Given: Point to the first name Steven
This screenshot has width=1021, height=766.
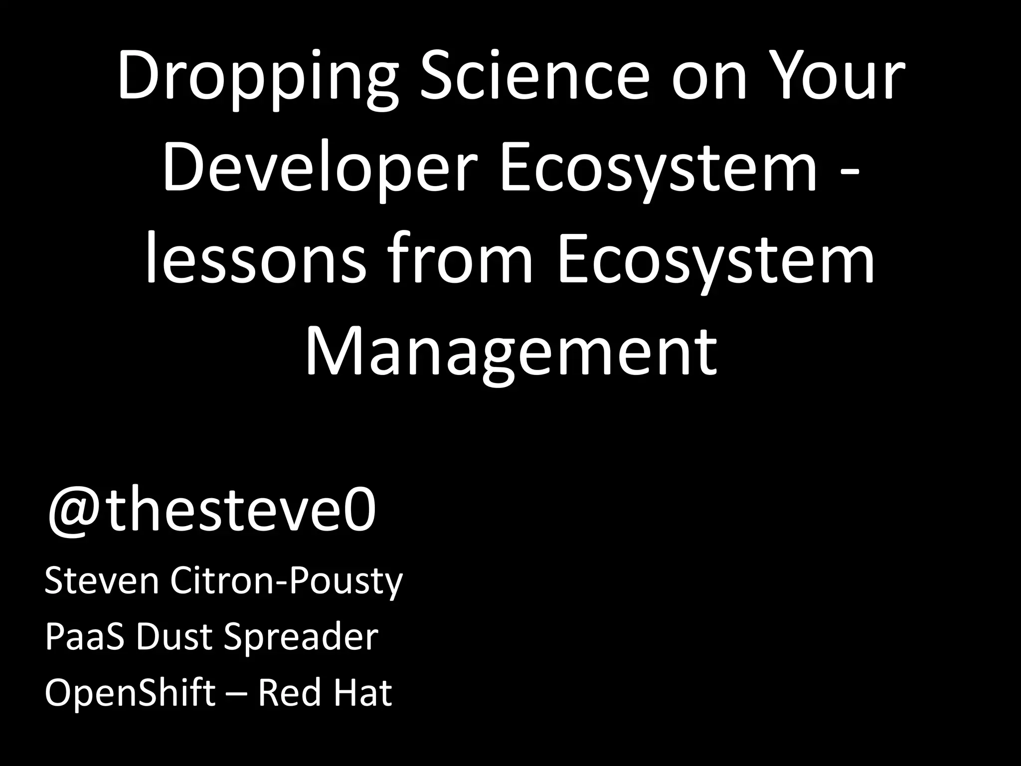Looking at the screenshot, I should click(102, 581).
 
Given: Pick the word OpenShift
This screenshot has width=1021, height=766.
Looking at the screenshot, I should click(130, 693).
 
